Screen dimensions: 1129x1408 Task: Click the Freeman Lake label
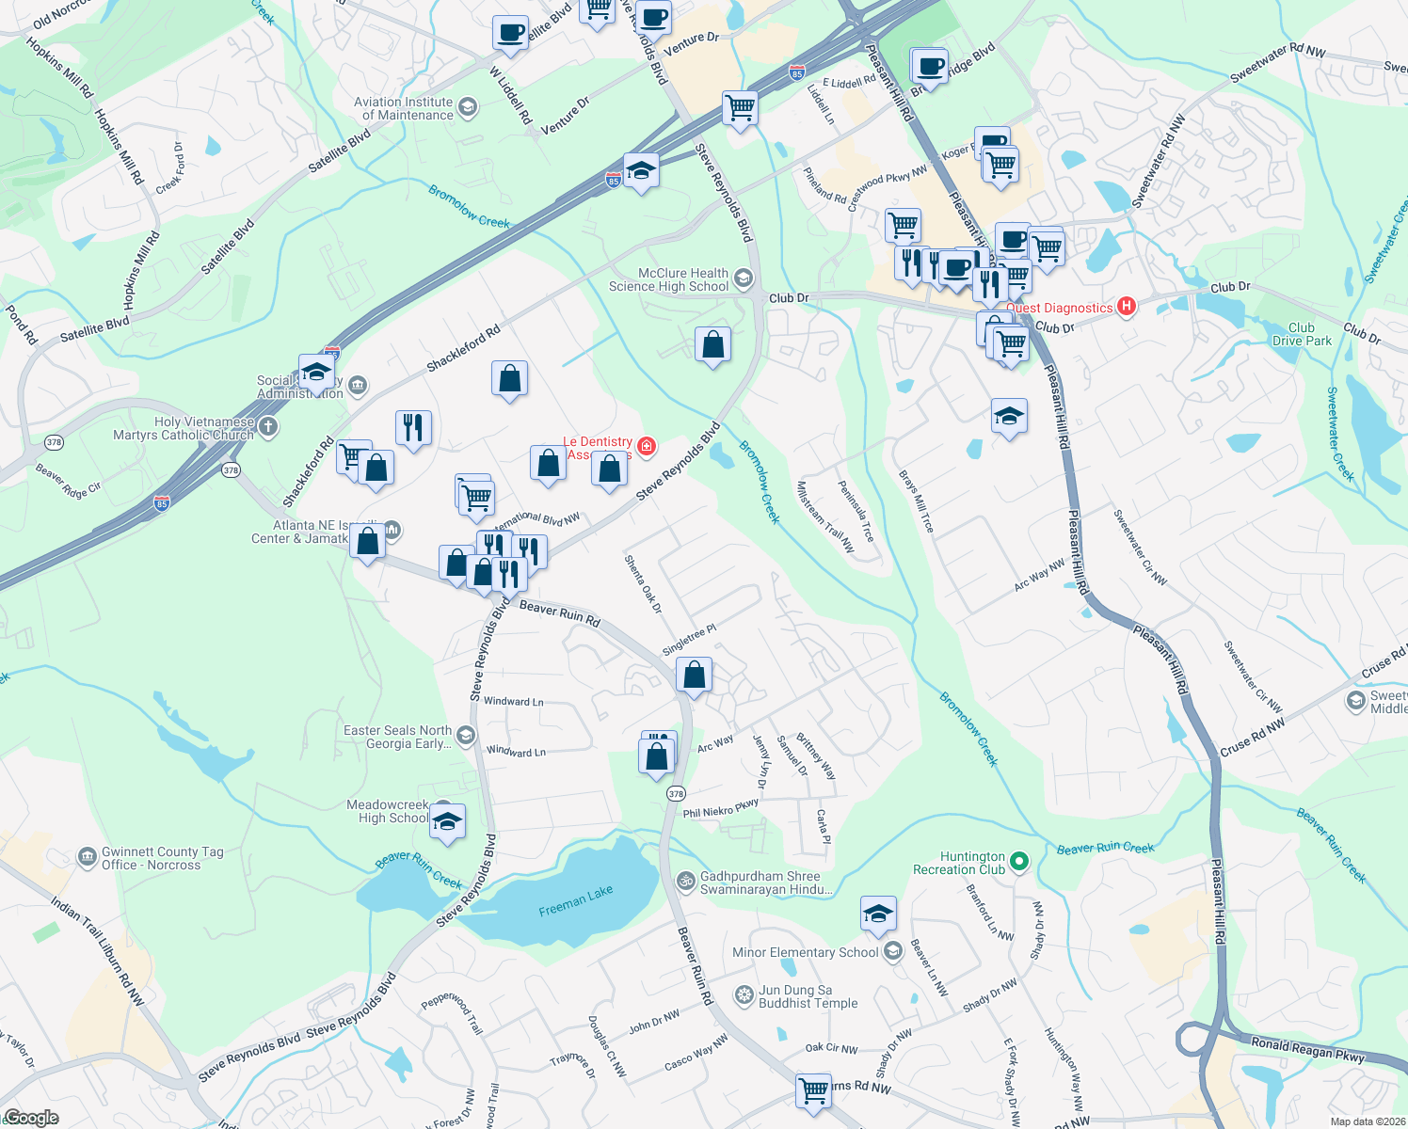click(575, 900)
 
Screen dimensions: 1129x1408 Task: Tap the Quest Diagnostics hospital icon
click(1126, 307)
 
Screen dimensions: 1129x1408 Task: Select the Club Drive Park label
click(1302, 334)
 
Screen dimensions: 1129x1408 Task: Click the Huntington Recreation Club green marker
click(1020, 861)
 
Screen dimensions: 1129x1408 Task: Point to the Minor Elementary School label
click(805, 952)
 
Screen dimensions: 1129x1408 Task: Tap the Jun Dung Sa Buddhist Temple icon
click(744, 995)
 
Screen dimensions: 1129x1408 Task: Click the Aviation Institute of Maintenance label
click(404, 108)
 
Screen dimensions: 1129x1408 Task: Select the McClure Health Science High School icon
click(743, 278)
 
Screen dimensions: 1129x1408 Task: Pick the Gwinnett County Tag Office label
click(162, 858)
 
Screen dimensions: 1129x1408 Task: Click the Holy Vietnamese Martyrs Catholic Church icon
click(268, 428)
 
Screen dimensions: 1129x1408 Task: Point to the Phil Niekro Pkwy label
click(720, 809)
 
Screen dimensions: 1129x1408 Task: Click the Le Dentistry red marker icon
click(647, 446)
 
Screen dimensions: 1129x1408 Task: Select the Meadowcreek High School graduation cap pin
click(448, 821)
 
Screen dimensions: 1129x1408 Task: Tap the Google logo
click(31, 1118)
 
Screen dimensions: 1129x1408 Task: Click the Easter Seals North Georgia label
click(397, 737)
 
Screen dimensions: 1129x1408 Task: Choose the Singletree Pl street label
click(689, 640)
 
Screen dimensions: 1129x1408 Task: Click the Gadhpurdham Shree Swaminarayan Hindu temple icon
click(686, 881)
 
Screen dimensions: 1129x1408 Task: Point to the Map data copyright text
click(1364, 1121)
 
